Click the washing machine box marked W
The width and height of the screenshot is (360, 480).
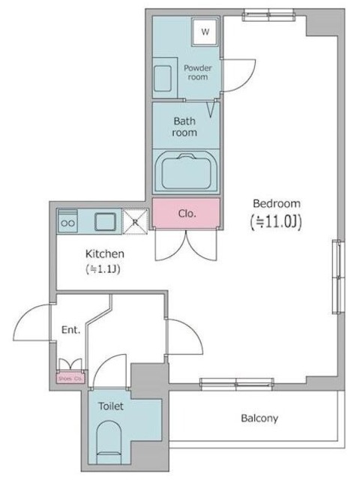205,31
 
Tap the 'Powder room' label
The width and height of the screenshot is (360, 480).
197,72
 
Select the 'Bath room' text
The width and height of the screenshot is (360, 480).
184,126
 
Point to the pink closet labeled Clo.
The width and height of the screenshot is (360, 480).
186,212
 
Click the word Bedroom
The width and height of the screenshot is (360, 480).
276,203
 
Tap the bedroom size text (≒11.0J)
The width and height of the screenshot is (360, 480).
275,221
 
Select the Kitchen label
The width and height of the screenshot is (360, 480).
105,253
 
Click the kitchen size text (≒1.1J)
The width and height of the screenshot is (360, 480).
104,268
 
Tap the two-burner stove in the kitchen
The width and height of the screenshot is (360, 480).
67,221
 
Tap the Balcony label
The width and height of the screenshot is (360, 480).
260,418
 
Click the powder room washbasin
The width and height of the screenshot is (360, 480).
163,78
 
